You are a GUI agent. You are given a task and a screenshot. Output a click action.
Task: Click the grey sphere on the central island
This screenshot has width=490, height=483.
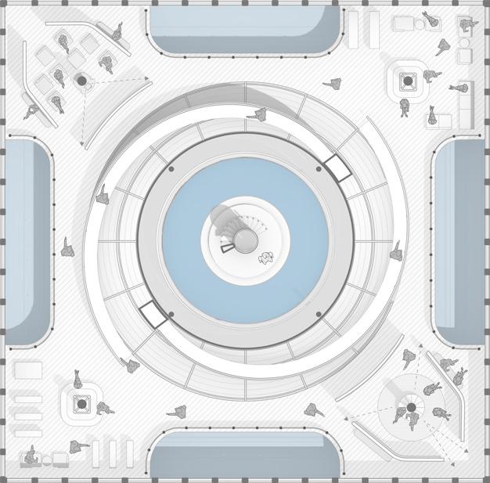click(x=245, y=240)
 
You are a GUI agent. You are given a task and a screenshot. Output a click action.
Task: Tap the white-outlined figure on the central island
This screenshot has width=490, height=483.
click(x=266, y=258)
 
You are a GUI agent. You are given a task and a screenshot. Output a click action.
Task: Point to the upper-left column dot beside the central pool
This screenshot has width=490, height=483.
click(x=171, y=168)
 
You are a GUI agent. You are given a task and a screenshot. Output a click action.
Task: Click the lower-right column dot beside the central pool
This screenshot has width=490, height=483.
click(x=319, y=314)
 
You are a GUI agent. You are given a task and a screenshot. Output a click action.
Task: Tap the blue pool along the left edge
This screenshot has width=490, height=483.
click(x=27, y=241)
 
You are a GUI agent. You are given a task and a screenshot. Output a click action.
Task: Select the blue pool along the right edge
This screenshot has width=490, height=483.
click(x=462, y=241)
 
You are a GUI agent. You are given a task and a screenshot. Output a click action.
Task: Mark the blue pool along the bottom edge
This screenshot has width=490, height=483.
click(x=245, y=454)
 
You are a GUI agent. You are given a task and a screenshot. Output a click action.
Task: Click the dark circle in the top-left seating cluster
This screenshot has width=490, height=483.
click(x=81, y=80)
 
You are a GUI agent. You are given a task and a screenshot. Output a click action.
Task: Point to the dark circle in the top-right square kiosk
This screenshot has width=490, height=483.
click(x=407, y=80)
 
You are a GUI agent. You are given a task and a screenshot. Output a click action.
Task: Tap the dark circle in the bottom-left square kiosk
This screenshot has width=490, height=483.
click(x=81, y=404)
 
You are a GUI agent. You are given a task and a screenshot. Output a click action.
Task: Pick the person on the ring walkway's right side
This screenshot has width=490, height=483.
click(x=396, y=250)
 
